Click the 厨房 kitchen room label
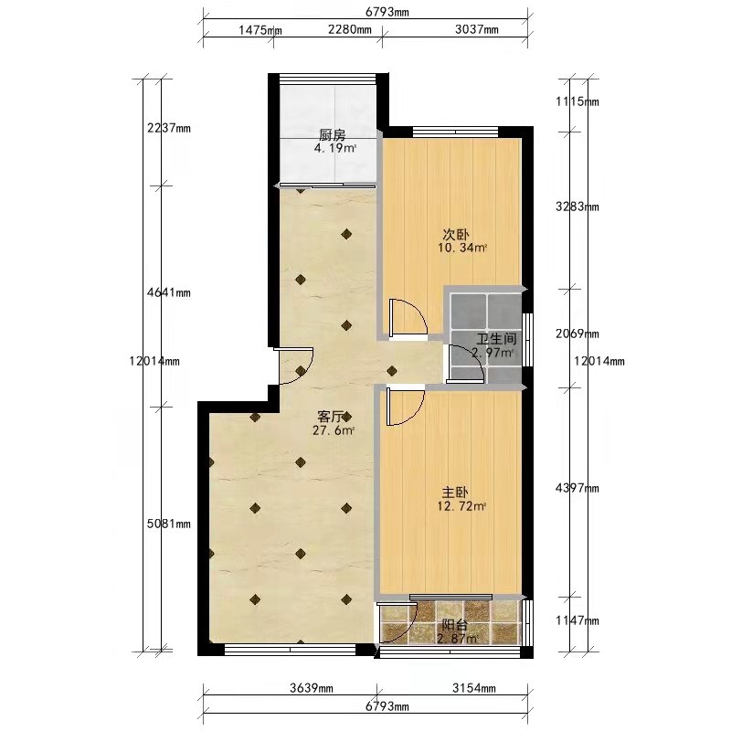point(333,135)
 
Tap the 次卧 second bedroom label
point(455,235)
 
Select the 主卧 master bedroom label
point(455,493)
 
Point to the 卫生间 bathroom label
point(496,339)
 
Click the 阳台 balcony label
point(454,625)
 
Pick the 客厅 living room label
point(331,417)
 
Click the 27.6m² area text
point(334,430)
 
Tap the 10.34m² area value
point(462,248)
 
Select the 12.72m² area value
point(461,506)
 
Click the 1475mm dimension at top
point(260,30)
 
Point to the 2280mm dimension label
point(350,30)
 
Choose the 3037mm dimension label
point(476,30)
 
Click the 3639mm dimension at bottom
point(312,688)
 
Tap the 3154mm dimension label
point(473,688)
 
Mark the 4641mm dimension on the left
point(169,292)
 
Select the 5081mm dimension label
point(169,524)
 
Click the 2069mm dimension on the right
point(577,334)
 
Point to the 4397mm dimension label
point(577,488)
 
